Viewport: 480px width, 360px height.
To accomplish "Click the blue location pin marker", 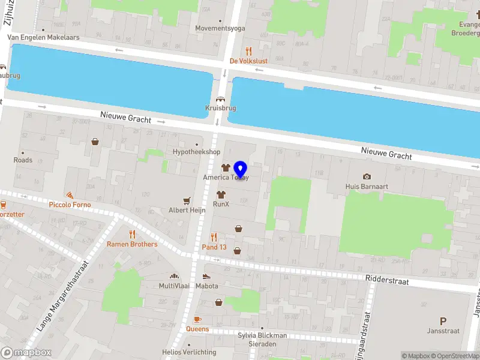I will (x=241, y=170).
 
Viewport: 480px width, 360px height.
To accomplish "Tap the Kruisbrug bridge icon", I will (x=220, y=100).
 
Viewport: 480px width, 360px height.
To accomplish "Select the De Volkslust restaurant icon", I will (x=248, y=51).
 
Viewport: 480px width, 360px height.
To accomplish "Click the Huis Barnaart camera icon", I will (x=367, y=176).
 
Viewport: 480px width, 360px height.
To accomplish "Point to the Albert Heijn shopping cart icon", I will (x=187, y=201).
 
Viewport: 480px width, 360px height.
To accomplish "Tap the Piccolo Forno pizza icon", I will (x=70, y=196).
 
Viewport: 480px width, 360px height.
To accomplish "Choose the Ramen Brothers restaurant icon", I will (x=132, y=235).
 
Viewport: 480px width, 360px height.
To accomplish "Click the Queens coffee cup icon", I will (x=197, y=319).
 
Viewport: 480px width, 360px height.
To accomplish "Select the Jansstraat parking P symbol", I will (x=443, y=321).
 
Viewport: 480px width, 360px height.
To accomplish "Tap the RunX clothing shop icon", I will (x=221, y=194).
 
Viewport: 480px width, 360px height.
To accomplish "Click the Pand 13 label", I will (x=214, y=247).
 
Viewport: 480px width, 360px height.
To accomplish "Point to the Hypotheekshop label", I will (x=196, y=152).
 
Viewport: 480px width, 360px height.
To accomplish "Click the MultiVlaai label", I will (x=175, y=286).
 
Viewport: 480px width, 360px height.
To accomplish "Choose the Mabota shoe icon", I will (x=206, y=277).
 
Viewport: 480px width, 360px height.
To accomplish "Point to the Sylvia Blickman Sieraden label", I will (x=262, y=340).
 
